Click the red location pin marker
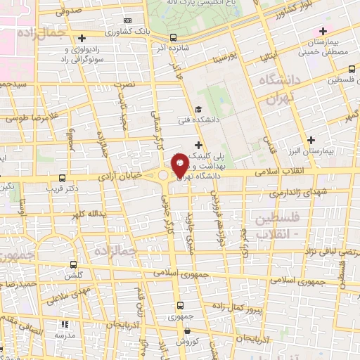[x=179, y=165]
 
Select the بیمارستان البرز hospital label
[x=330, y=151]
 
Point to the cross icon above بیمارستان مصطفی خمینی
[x=323, y=30]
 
